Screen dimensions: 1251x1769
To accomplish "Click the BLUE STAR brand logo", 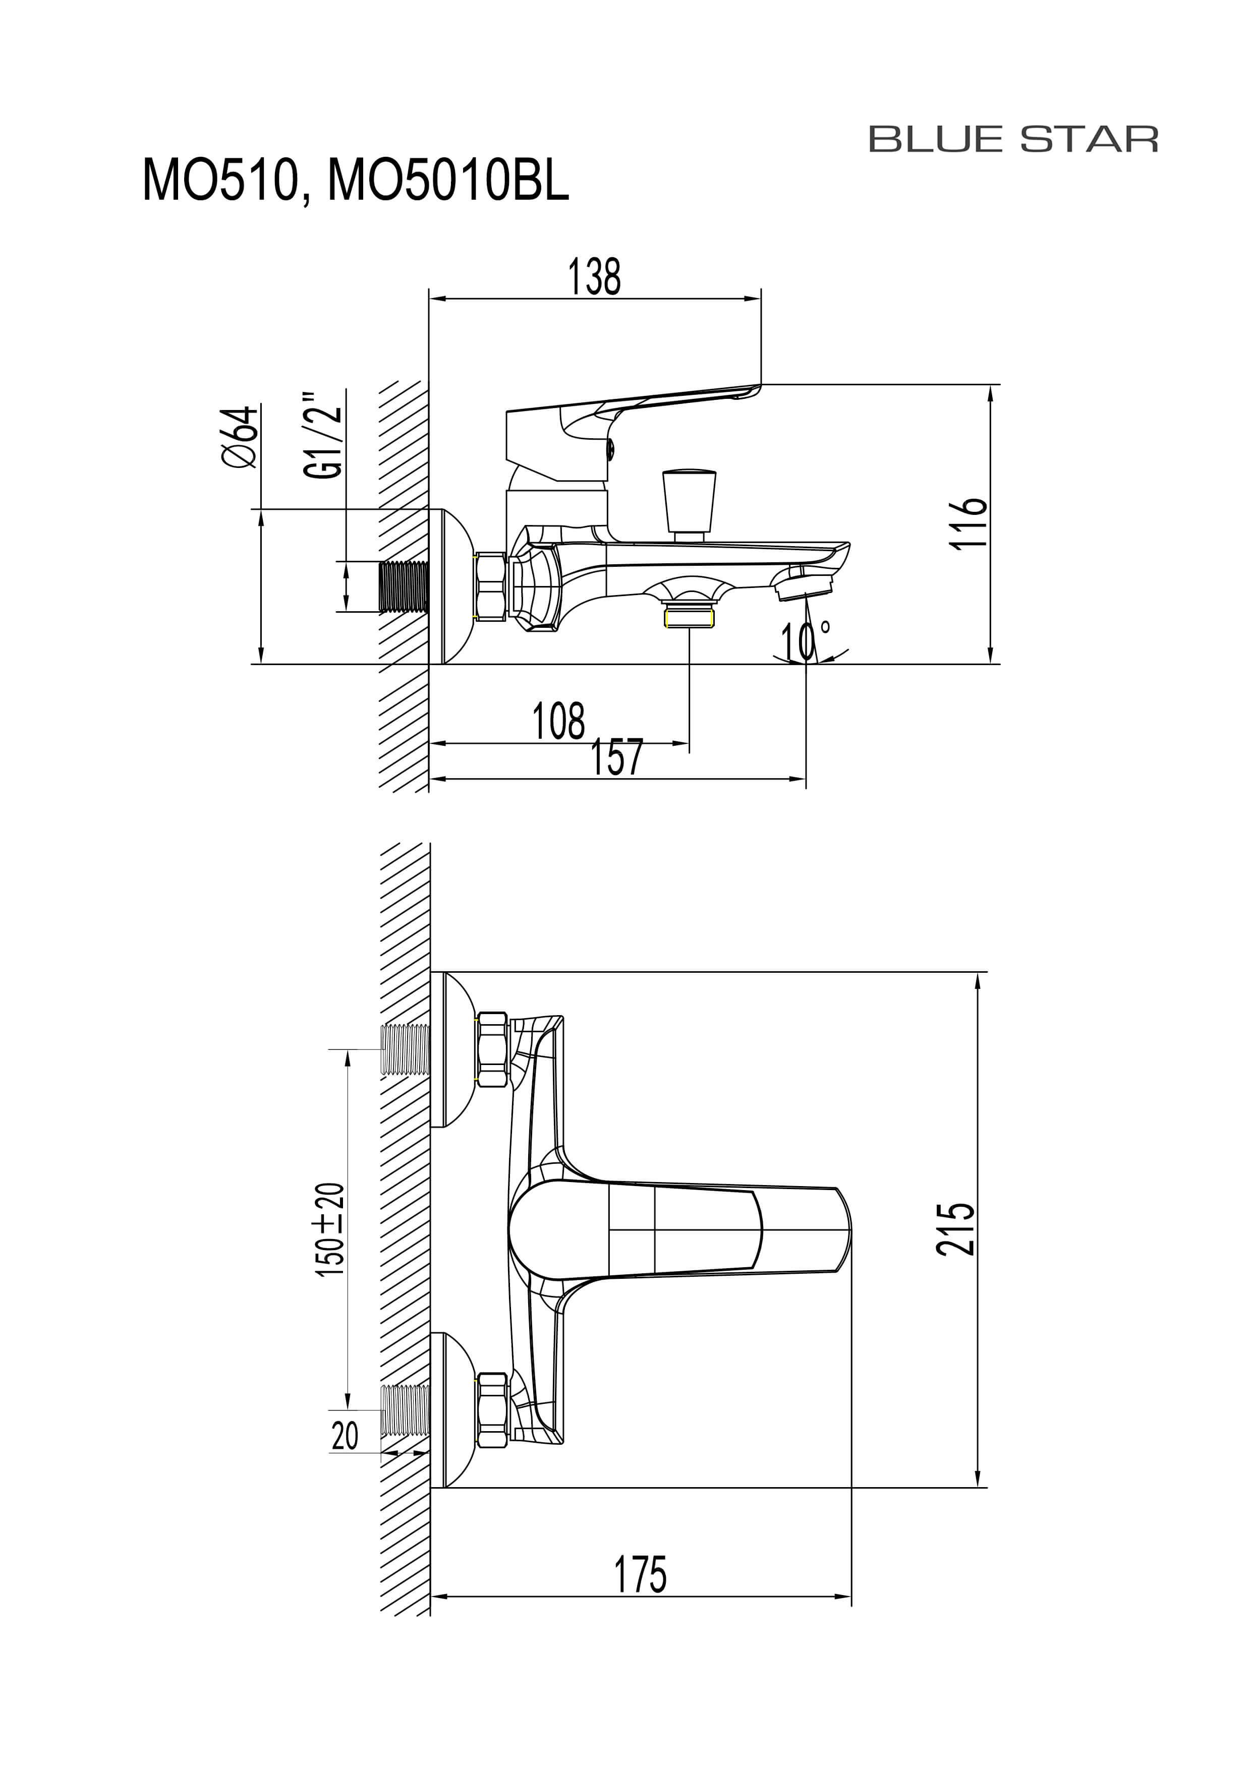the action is tap(1013, 140).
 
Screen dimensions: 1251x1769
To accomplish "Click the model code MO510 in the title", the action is tap(219, 181).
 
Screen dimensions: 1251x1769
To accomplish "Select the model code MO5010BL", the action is tap(448, 181).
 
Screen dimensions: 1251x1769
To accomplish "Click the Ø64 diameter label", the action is tap(240, 436).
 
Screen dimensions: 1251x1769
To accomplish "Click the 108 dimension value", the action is tap(559, 721).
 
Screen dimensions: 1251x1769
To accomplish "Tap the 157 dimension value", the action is tap(616, 757).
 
